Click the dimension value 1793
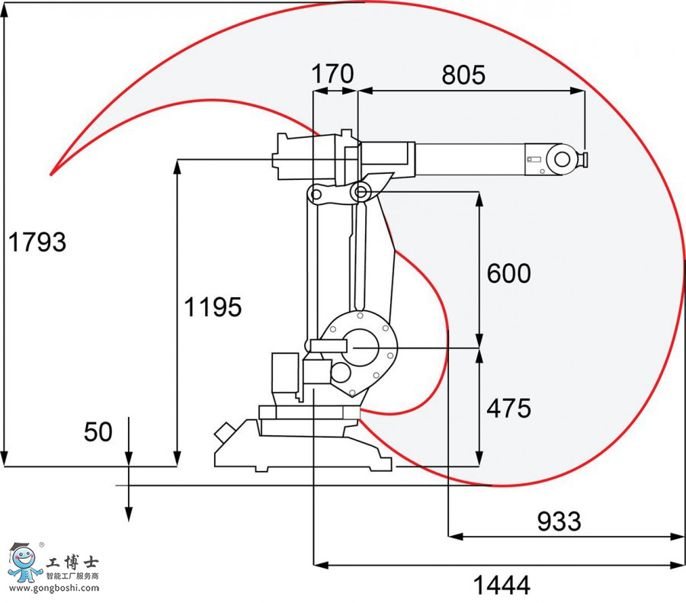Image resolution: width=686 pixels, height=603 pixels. pos(37,242)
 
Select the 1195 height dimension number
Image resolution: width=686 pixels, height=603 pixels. pos(213,307)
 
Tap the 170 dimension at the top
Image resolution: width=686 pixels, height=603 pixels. pos(333,75)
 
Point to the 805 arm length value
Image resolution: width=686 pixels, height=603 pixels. pos(463,75)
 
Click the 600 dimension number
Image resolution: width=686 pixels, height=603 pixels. pos(508,274)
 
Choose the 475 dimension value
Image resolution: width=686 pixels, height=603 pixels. pos(508,409)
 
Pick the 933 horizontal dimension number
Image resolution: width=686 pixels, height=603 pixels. pos(559,521)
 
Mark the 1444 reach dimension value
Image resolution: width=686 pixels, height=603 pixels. pos(502,585)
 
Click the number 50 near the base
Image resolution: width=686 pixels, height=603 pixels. pos(98,432)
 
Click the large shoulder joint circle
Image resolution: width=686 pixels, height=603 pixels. pos(357,348)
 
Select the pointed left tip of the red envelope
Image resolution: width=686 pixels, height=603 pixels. pos(52,174)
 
